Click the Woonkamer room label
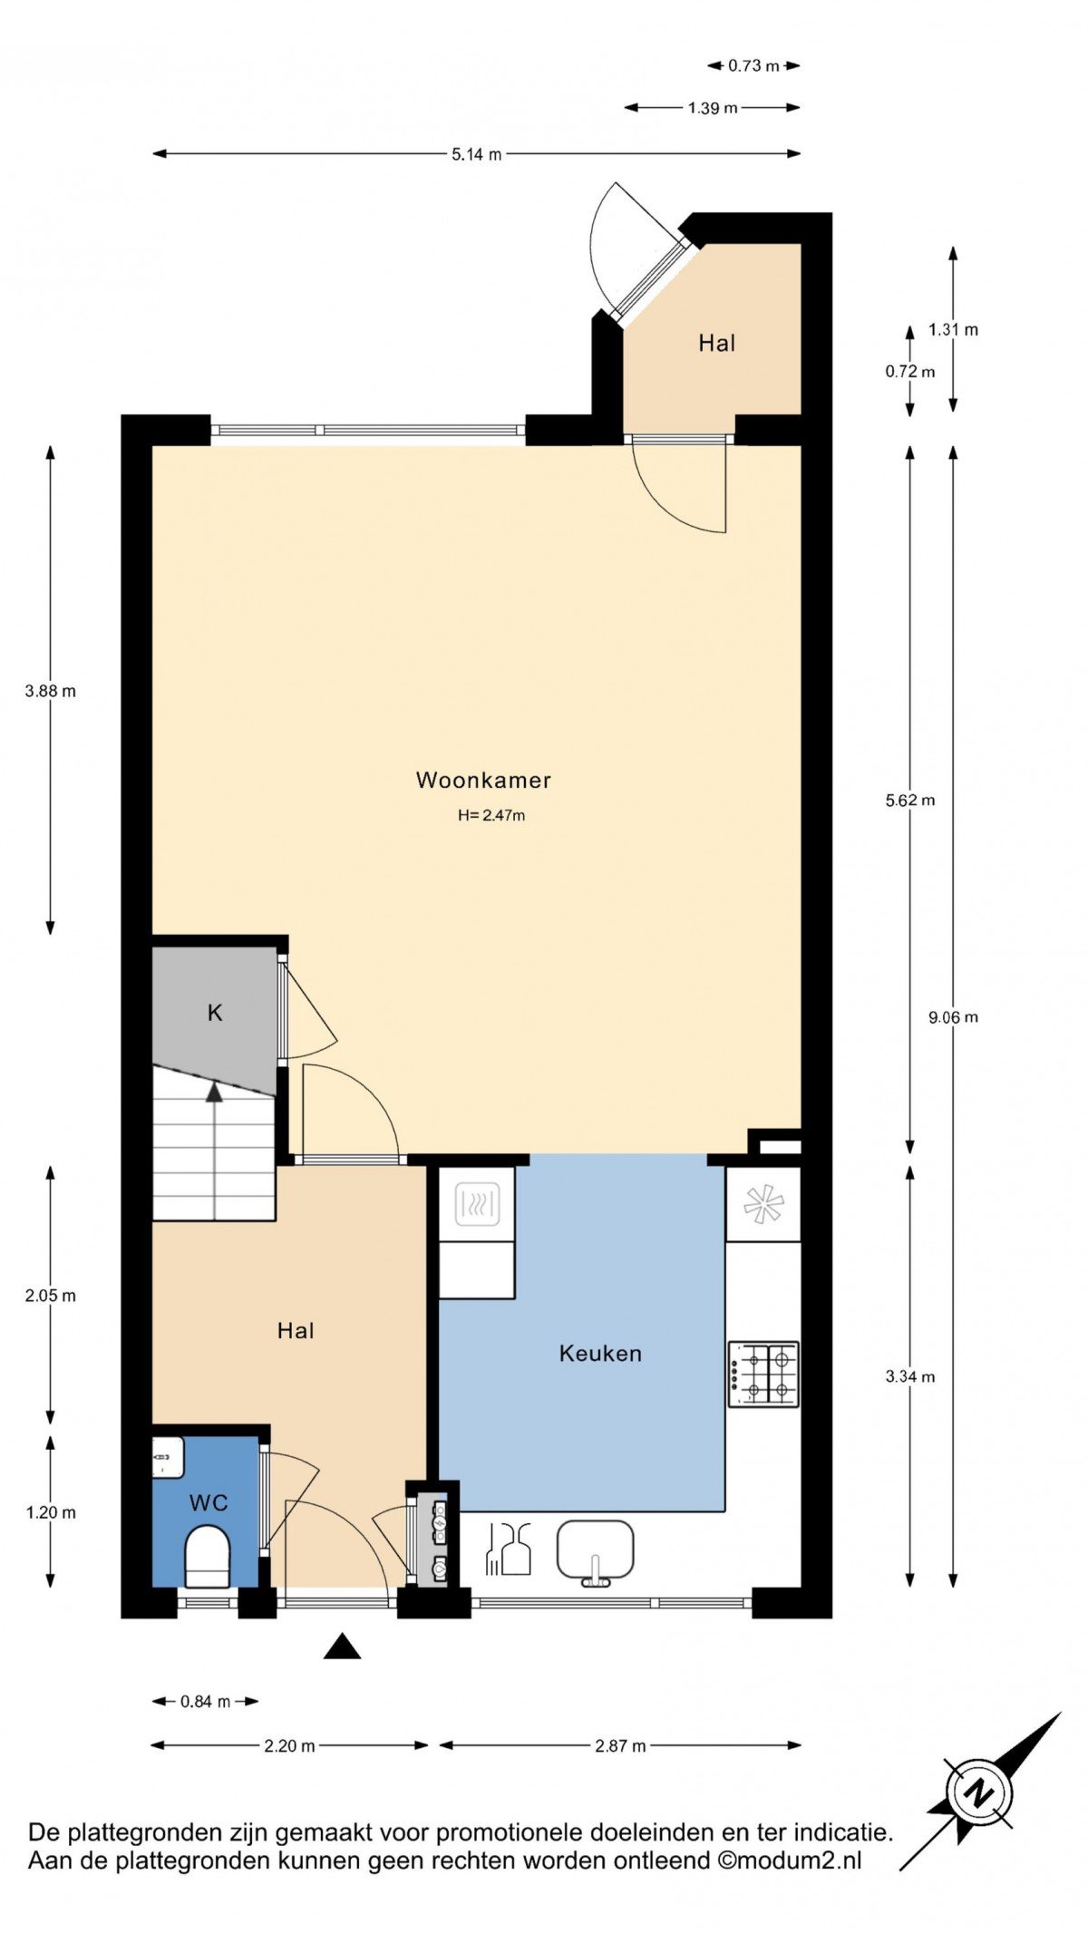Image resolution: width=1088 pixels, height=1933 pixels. tap(483, 781)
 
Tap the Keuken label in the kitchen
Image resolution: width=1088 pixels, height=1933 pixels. tap(600, 1354)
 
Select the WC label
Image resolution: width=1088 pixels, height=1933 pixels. tap(209, 1503)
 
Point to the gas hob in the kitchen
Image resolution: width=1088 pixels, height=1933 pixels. tap(763, 1374)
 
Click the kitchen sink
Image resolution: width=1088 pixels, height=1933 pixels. tap(595, 1551)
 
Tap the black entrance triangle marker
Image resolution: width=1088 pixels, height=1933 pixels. tap(343, 1646)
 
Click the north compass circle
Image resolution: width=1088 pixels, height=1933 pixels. tap(979, 1792)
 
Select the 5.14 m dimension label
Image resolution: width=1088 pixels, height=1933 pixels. tap(477, 154)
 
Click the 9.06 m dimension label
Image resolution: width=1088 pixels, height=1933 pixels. tap(953, 1017)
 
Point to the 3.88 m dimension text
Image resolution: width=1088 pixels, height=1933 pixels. tap(51, 691)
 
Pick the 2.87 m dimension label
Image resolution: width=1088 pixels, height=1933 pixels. tap(620, 1745)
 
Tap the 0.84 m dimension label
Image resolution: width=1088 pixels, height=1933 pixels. tap(206, 1701)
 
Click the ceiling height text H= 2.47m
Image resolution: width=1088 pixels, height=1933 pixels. tap(491, 815)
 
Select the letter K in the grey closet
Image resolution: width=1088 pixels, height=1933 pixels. tap(215, 1013)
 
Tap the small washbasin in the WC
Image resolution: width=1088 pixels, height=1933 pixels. tap(168, 1458)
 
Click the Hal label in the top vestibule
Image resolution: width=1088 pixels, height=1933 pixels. tap(717, 343)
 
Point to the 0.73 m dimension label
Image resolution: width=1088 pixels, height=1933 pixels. tap(753, 65)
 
